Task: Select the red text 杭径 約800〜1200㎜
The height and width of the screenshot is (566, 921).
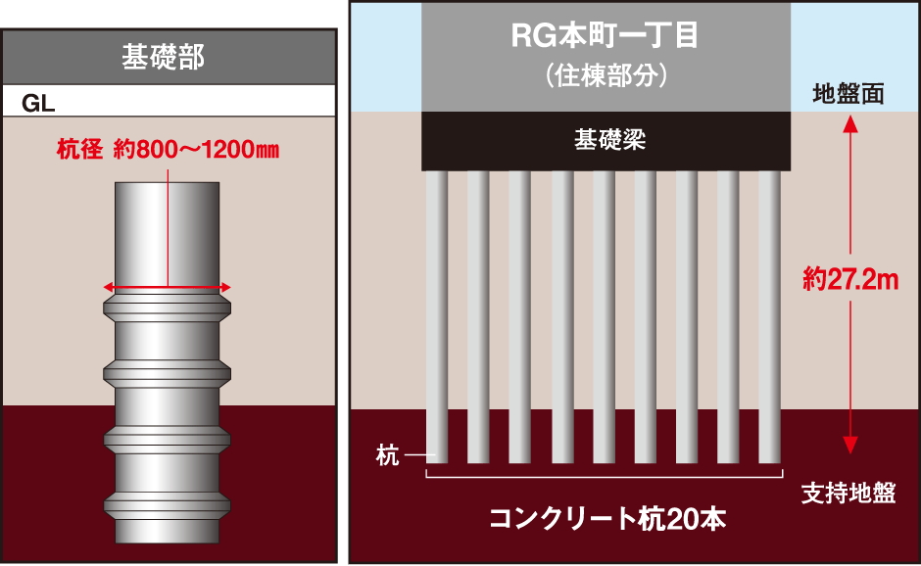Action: pos(169,151)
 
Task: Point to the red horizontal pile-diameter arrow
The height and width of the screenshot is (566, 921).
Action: pos(168,287)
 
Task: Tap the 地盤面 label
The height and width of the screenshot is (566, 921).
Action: pos(849,94)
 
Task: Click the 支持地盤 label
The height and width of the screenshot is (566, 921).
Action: pos(848,492)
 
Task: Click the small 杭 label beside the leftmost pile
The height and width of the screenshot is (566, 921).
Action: pos(388,456)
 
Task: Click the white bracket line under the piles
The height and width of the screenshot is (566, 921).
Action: pos(604,479)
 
